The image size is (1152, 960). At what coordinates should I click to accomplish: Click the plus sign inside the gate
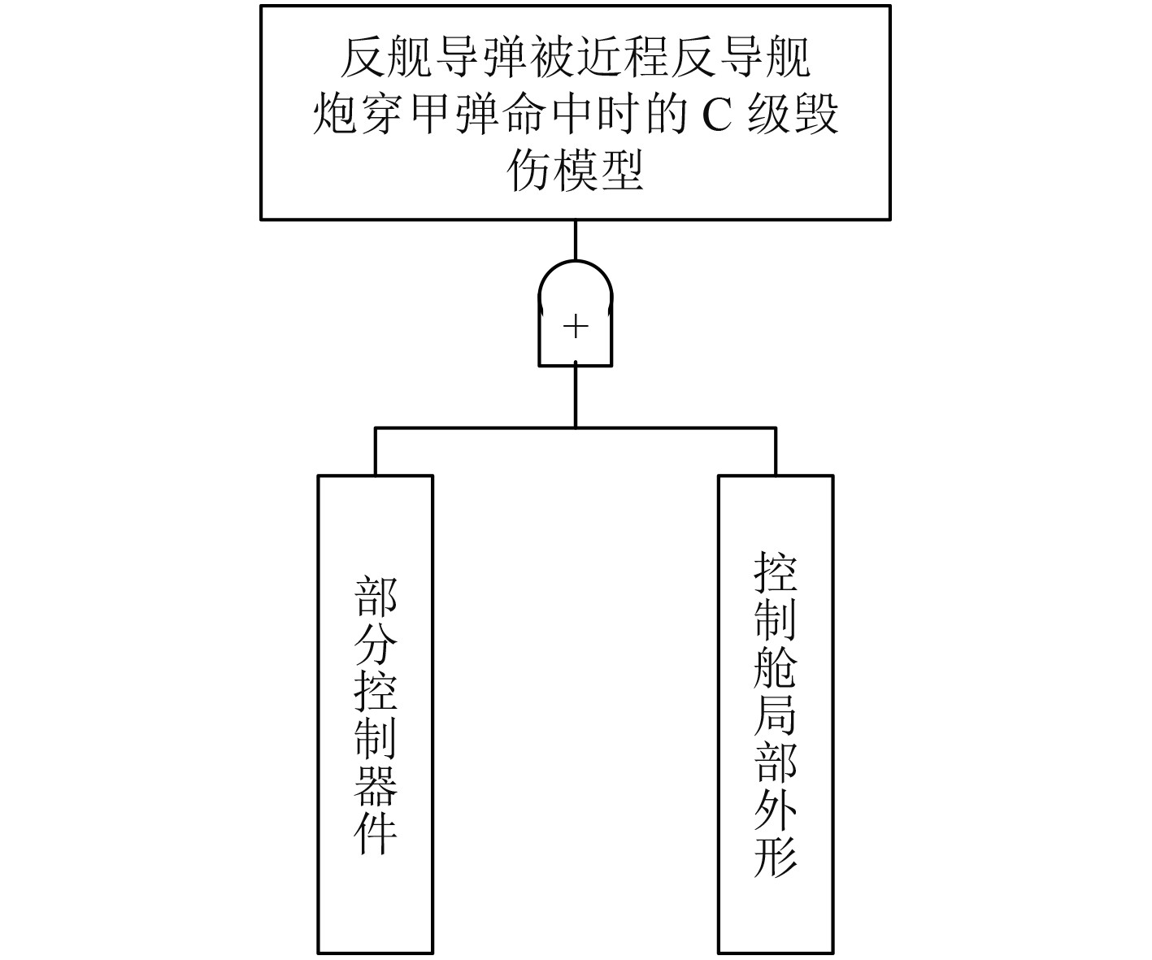576,327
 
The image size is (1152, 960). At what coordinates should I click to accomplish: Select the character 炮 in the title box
335,115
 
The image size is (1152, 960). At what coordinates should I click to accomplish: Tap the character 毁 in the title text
815,115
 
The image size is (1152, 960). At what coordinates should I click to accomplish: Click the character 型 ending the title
624,171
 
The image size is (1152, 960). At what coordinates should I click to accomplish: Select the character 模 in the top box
576,171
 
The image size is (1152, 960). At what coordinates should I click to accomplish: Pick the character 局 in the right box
776,712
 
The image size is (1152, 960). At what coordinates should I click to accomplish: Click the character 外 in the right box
776,807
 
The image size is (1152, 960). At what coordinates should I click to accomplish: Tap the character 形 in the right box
776,854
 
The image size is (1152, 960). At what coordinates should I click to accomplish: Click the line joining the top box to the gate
576,239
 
